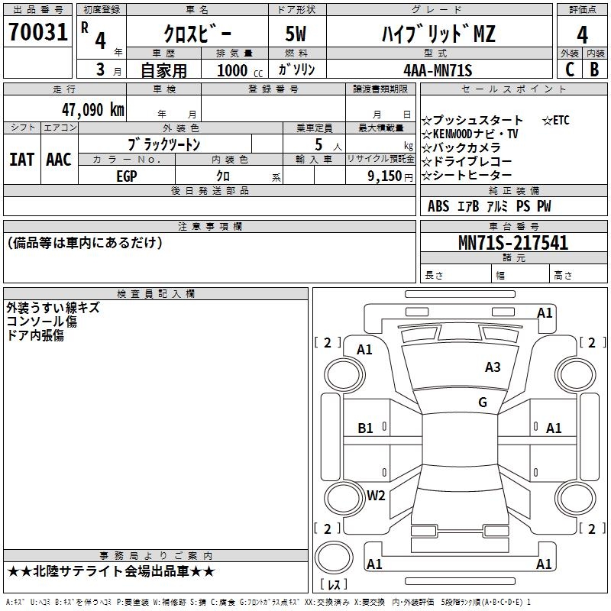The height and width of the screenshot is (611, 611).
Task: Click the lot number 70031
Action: pos(37,32)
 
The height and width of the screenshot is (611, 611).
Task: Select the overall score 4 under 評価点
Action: pos(582,35)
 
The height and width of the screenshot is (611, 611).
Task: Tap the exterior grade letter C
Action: pos(570,70)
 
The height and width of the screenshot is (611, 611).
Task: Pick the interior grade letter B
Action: pos(594,70)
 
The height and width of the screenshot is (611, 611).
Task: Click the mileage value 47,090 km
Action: pos(92,110)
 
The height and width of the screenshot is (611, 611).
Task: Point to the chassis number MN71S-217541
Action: pos(513,243)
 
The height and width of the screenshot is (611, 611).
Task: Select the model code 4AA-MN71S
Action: pos(438,70)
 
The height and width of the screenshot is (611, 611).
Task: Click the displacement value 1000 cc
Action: pos(240,71)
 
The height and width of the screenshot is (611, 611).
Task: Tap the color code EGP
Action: pos(127,176)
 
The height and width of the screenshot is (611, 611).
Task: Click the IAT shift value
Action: pos(21,160)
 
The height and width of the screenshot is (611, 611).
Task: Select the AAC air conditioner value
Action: pos(59,160)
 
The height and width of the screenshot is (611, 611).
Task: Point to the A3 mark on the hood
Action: pos(493,367)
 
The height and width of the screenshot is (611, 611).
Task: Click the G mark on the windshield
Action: pos(483,402)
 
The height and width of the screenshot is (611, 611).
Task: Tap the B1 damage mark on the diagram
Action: pos(365,428)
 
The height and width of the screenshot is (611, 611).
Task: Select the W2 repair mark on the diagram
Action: pos(376,496)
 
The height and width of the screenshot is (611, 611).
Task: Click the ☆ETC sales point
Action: pos(556,121)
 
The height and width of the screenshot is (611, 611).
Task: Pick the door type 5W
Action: pos(296,34)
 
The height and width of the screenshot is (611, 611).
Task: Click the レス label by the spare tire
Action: pos(334,584)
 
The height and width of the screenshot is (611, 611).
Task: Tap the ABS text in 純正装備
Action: pos(438,206)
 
